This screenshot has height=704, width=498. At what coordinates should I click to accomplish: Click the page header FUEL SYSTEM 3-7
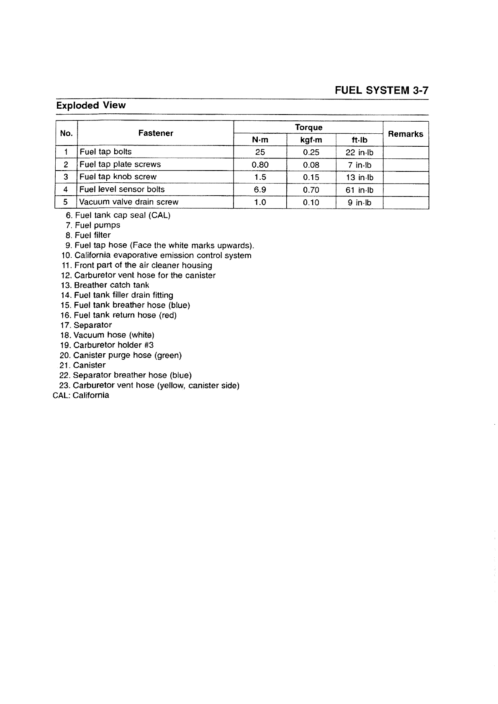click(382, 90)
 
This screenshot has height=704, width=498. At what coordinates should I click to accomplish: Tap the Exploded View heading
click(91, 105)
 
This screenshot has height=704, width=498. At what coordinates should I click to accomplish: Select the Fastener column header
click(156, 133)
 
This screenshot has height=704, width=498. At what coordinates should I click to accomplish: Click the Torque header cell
click(308, 127)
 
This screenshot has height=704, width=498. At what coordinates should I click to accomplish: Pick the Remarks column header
click(406, 134)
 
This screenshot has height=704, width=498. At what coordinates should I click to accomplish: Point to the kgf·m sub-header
click(311, 140)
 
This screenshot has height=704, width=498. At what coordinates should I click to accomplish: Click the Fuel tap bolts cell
click(105, 152)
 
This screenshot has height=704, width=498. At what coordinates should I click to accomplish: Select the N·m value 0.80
click(260, 165)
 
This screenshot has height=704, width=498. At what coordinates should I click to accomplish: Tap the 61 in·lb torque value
click(359, 190)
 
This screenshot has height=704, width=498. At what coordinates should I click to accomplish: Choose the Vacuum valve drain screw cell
click(129, 202)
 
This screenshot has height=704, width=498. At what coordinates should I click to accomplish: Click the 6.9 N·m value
click(260, 190)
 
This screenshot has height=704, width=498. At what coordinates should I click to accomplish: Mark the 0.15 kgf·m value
click(311, 177)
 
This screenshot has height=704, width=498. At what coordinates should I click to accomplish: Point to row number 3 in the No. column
click(66, 177)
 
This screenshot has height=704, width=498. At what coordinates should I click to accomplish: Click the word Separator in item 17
click(93, 325)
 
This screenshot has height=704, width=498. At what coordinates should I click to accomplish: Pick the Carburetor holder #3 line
click(113, 345)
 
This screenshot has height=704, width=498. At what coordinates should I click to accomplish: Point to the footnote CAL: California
click(81, 395)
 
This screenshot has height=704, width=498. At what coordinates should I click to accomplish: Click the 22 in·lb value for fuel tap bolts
click(359, 152)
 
